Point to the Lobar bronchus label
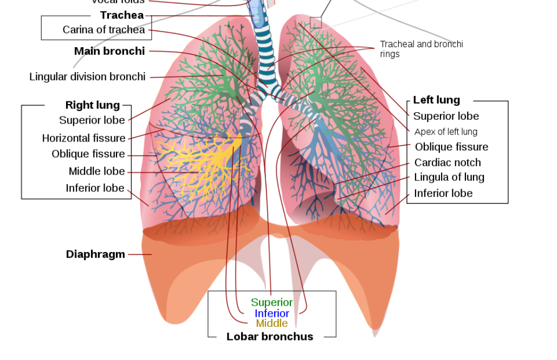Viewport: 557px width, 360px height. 269,337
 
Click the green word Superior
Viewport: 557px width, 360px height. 271,303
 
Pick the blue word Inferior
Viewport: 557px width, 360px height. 272,313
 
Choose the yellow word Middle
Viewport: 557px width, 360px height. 272,324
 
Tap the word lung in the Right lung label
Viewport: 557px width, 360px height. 108,105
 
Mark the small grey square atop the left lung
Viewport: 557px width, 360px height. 316,22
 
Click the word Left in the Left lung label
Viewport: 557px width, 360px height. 423,100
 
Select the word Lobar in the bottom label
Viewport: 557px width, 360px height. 242,337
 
